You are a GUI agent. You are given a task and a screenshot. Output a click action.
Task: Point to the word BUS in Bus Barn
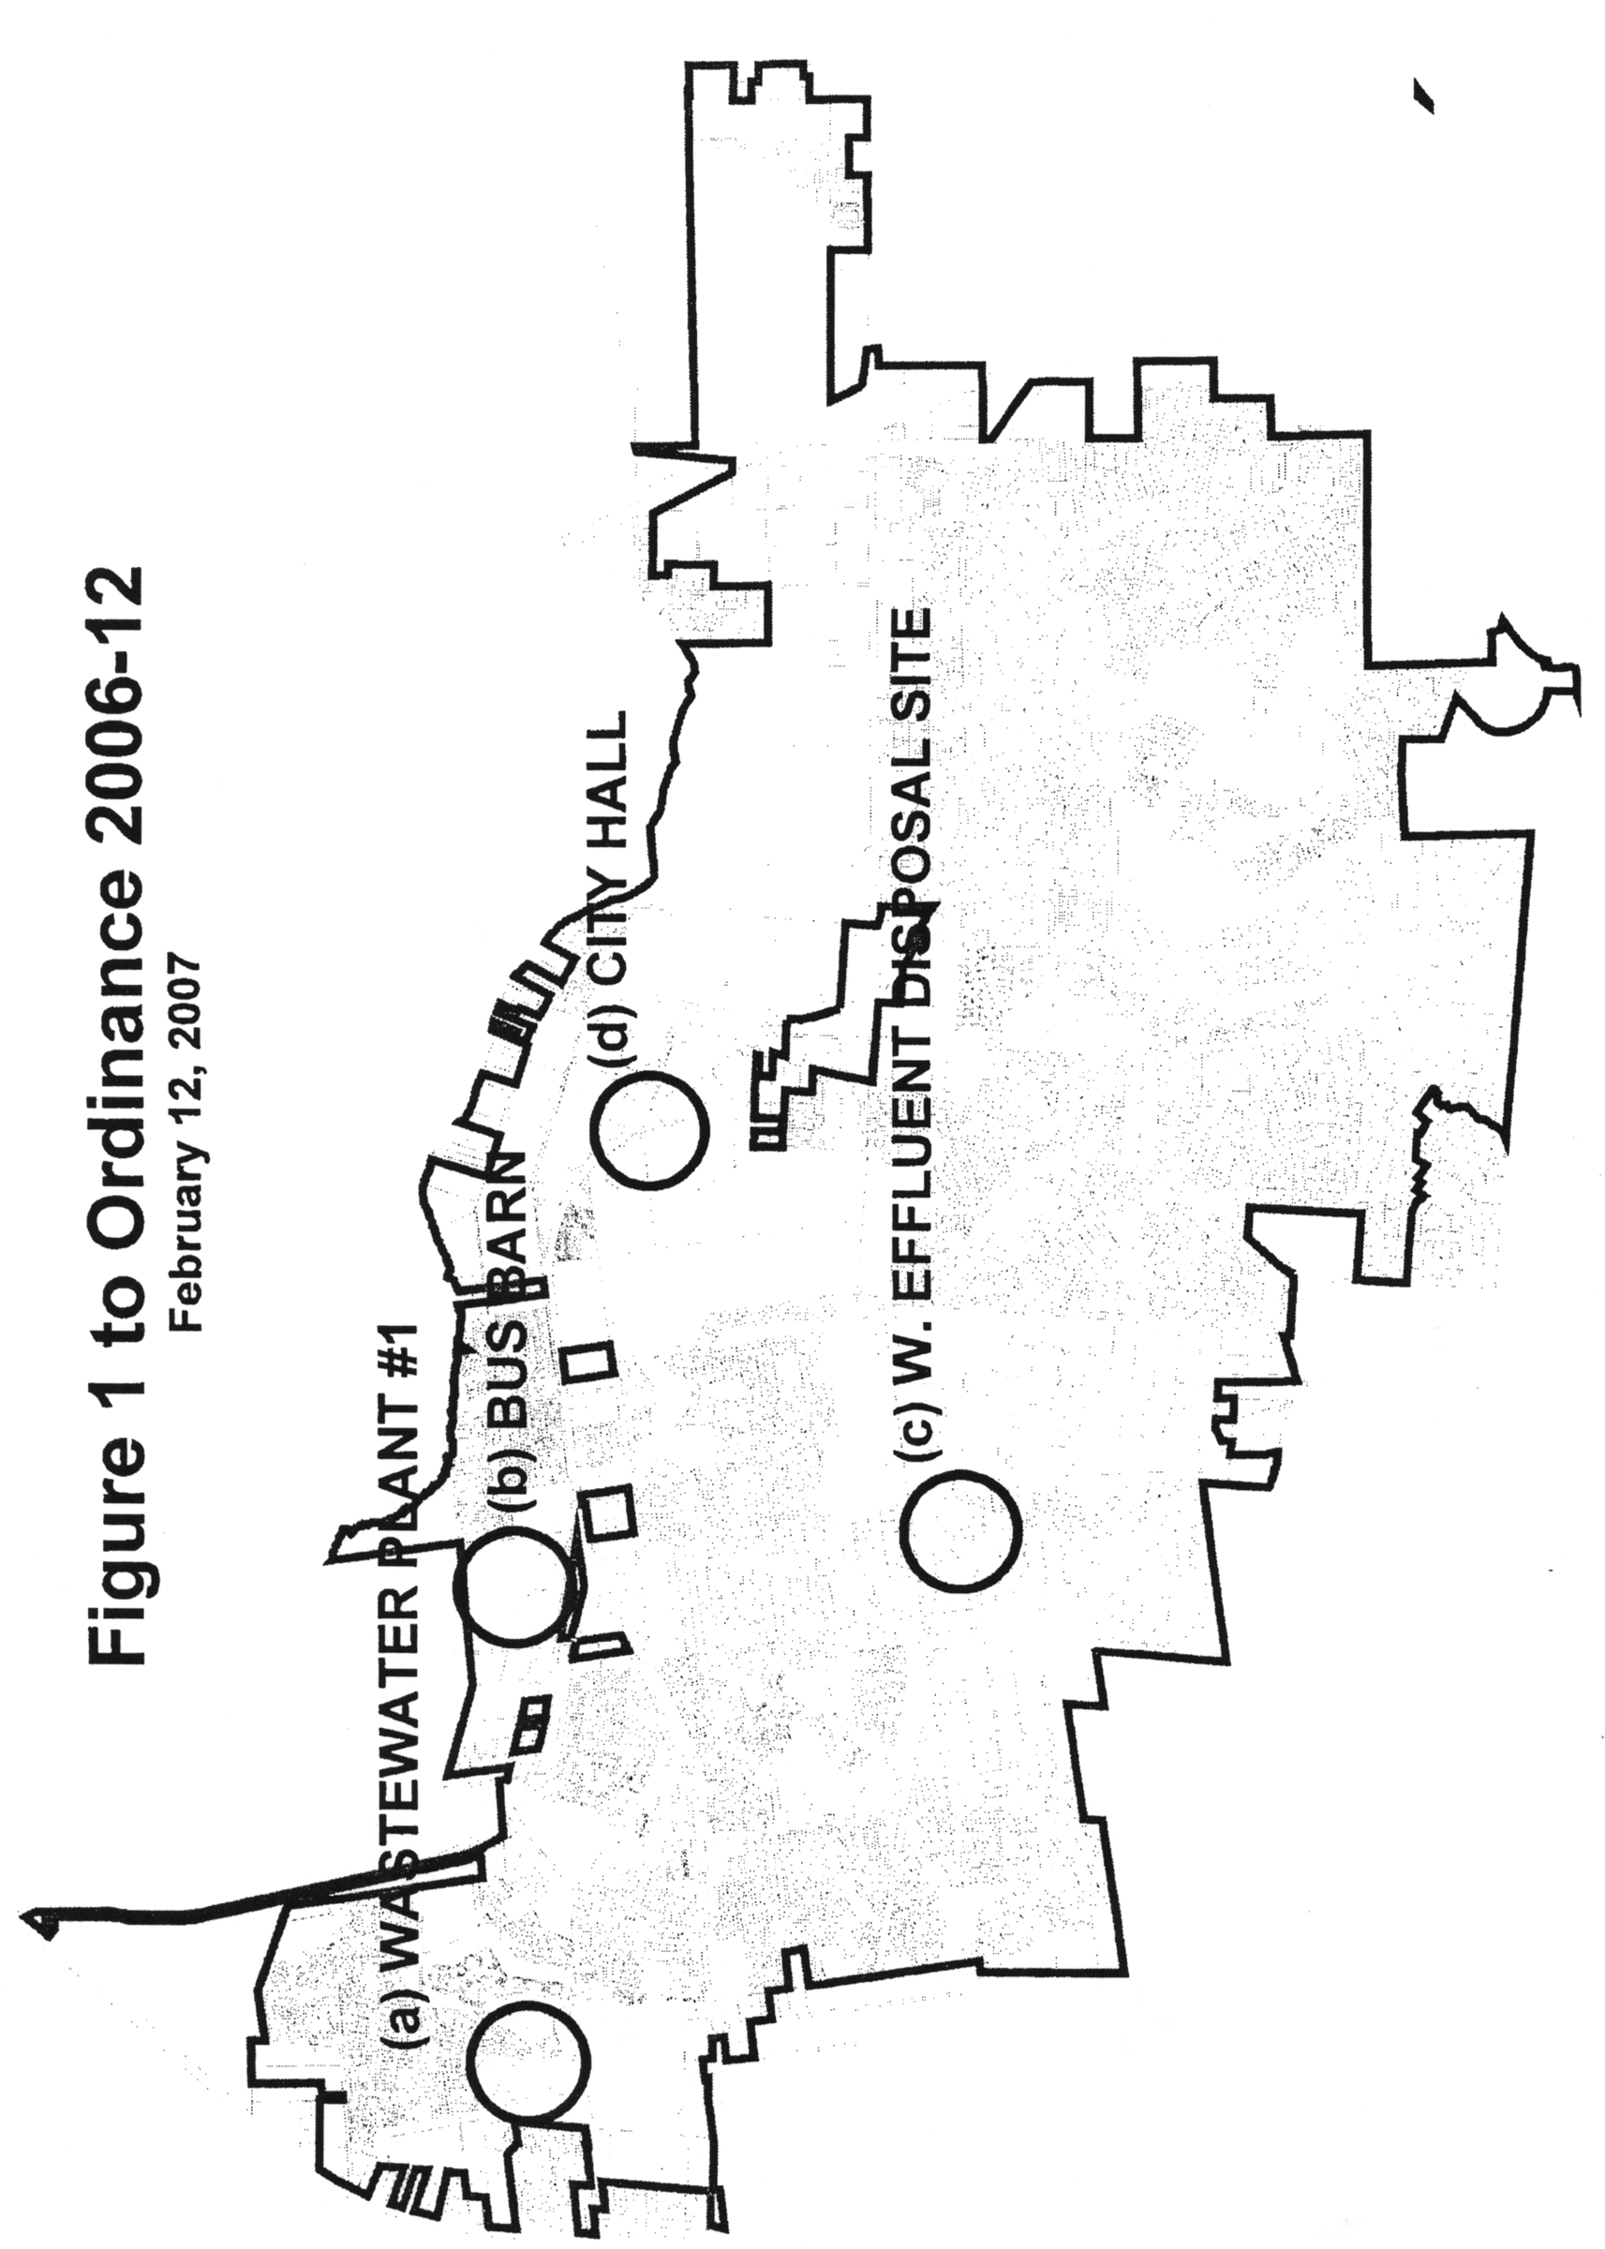513,1393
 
